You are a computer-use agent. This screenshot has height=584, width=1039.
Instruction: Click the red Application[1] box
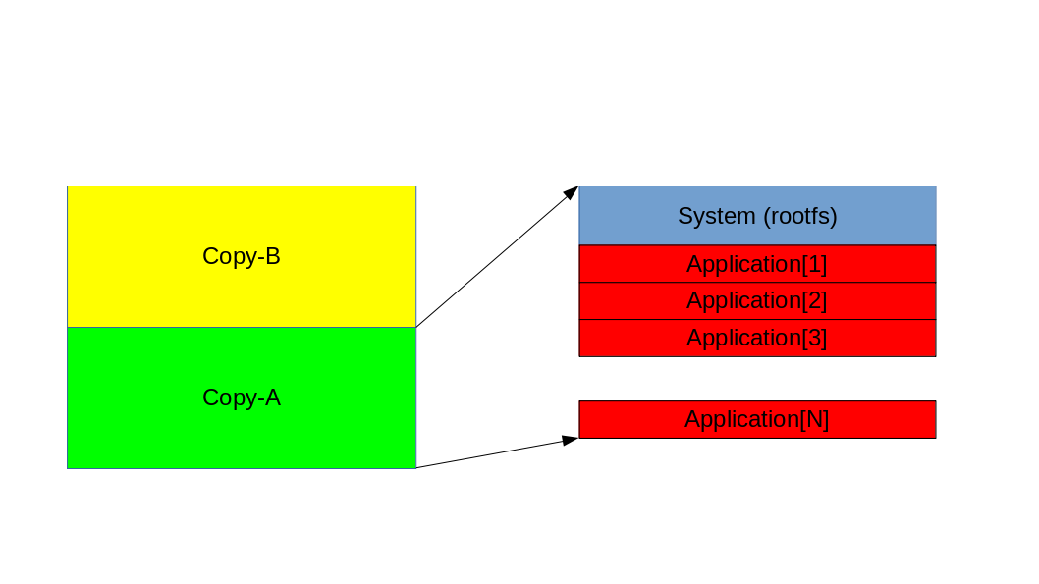629,264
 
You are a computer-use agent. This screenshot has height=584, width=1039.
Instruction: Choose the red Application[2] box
629,300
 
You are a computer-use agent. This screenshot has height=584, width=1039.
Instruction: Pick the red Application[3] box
629,338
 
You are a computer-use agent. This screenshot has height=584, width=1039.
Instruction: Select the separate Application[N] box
629,419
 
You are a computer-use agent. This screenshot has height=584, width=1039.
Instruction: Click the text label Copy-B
242,256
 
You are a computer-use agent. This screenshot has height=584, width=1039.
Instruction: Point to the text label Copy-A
242,398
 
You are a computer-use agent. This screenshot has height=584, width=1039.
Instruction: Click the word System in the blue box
717,216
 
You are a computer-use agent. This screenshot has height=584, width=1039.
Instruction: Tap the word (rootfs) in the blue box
800,216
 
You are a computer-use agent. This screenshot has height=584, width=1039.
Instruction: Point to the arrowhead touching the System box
572,192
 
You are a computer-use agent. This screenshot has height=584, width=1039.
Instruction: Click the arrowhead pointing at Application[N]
570,440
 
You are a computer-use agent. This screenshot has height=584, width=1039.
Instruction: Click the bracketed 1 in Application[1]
815,264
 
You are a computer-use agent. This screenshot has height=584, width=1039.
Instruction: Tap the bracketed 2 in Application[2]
815,300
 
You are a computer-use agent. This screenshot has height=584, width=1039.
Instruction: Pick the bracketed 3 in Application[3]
815,338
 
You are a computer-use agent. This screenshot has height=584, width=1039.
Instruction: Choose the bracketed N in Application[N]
815,419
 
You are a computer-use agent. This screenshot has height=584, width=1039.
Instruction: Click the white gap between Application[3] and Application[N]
757,379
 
